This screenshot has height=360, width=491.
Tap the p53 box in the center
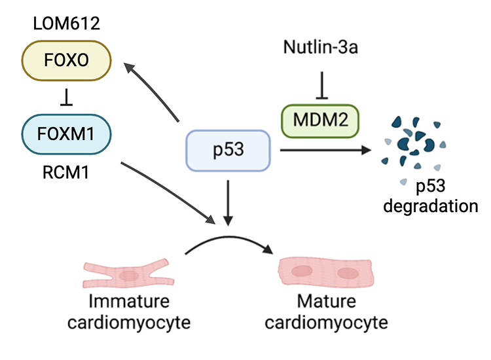(228, 151)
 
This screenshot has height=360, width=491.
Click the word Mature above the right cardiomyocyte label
(327, 302)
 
